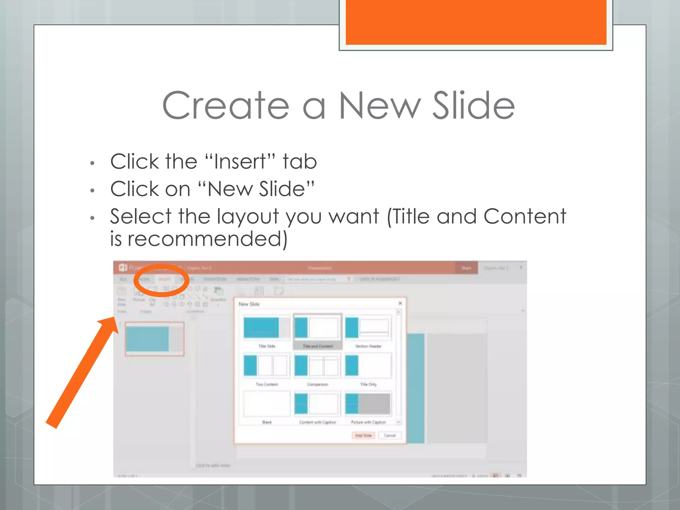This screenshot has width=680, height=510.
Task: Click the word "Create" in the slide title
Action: click(x=226, y=106)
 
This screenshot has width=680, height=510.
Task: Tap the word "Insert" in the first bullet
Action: click(x=240, y=162)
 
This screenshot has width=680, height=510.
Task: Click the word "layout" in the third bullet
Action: click(x=248, y=216)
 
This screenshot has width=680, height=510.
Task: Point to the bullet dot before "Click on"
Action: click(x=93, y=191)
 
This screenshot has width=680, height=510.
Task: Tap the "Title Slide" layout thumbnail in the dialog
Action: click(x=267, y=328)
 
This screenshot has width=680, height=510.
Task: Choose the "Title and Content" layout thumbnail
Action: click(x=317, y=328)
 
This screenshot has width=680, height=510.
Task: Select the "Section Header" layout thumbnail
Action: click(x=368, y=328)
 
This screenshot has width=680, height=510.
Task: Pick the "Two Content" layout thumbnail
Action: click(x=267, y=366)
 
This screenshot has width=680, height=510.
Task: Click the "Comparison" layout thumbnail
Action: click(x=317, y=366)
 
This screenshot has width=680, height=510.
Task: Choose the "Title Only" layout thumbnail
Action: click(x=368, y=366)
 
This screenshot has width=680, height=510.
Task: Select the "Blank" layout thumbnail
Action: click(x=267, y=404)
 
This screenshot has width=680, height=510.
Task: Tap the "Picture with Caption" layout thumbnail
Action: click(x=368, y=404)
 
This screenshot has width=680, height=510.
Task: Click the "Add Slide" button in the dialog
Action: click(x=363, y=435)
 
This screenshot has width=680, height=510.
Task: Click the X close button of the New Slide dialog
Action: click(x=400, y=303)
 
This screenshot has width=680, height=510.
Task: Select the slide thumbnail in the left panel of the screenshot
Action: click(x=154, y=339)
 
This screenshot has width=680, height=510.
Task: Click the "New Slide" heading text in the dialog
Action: click(x=249, y=304)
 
